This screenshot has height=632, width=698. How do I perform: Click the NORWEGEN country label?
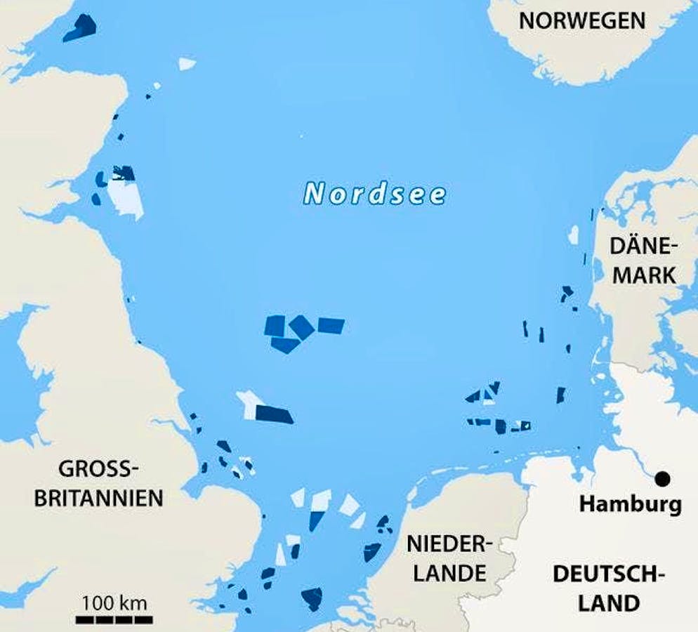pyautogui.click(x=581, y=20)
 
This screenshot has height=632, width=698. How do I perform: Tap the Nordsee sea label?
pyautogui.click(x=375, y=194)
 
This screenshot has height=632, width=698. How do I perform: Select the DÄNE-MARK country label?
pyautogui.click(x=643, y=260)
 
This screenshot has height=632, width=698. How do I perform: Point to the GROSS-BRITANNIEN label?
pyautogui.click(x=109, y=483)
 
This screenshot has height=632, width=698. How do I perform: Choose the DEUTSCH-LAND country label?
pyautogui.click(x=606, y=588)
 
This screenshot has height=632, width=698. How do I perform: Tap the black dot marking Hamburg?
pyautogui.click(x=661, y=479)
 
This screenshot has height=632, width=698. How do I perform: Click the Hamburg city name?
pyautogui.click(x=630, y=504)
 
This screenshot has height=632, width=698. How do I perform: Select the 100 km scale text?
pyautogui.click(x=114, y=602)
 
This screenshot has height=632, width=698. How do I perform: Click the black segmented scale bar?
pyautogui.click(x=114, y=619)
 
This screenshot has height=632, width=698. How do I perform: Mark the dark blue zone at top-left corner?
pyautogui.click(x=79, y=27)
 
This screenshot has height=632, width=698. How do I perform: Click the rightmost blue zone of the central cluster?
pyautogui.click(x=331, y=325)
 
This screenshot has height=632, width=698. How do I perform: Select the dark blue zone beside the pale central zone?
pyautogui.click(x=274, y=414)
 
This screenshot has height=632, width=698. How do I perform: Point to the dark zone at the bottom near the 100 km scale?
pyautogui.click(x=312, y=598)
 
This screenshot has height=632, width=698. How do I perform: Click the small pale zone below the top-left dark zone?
pyautogui.click(x=186, y=64)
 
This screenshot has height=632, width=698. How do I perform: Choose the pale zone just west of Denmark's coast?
pyautogui.click(x=574, y=235)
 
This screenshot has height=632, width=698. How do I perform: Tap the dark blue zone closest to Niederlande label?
pyautogui.click(x=372, y=552)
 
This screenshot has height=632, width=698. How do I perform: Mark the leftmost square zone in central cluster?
pyautogui.click(x=275, y=325)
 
